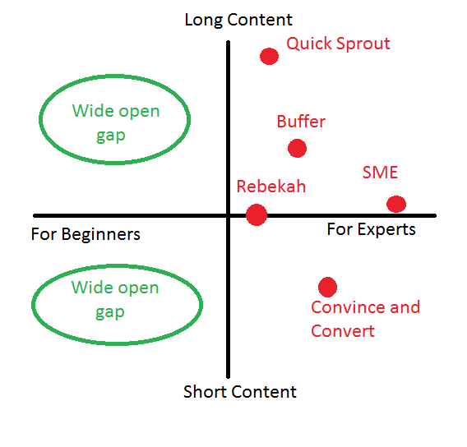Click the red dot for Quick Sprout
coord(269,56)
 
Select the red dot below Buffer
coord(298,148)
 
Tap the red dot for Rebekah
coord(257,214)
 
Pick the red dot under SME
coord(396,204)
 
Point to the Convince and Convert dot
coord(327,288)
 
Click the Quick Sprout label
coord(339,44)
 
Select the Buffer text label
coord(301,122)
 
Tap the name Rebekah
coord(271,187)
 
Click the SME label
coord(381,173)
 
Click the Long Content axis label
coord(238,20)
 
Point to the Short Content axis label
coord(240,392)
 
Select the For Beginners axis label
coord(86,235)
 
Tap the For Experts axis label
coord(372,230)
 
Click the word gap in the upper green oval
coord(111,136)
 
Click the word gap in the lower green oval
coord(110,313)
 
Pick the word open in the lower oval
coord(138,288)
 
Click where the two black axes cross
coord(228,215)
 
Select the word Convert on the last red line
coord(343,331)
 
